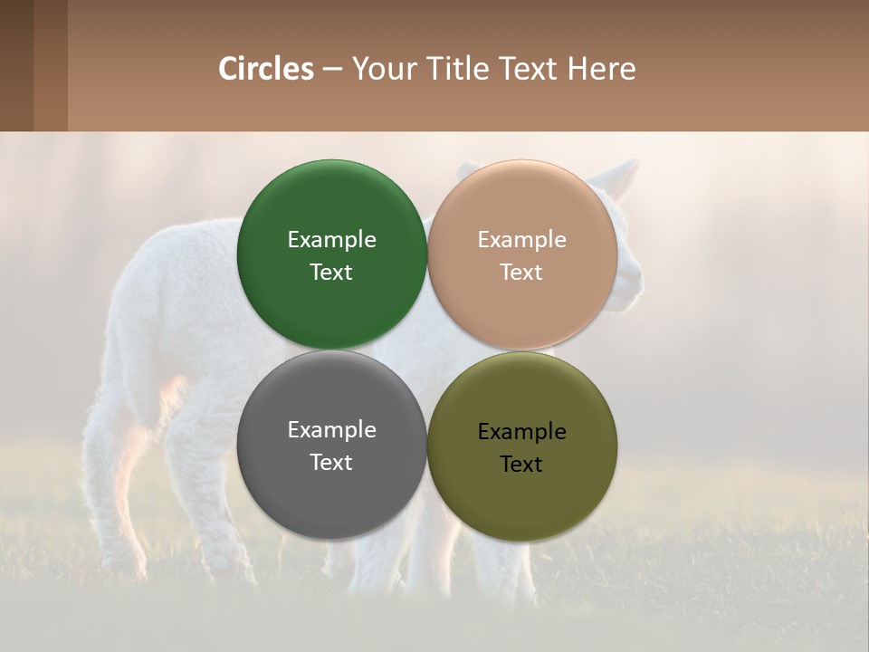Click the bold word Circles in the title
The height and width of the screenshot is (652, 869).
coord(266,69)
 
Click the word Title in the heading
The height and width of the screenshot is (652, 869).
coord(459,69)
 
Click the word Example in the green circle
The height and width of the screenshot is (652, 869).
coord(331,240)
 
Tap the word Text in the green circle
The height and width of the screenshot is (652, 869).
coord(331,273)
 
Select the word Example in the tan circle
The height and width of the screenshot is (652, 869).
coord(521,240)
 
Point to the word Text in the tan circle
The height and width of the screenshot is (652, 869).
coord(521,273)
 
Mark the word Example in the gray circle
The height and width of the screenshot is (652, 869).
coord(331,430)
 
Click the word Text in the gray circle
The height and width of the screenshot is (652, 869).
coord(331,463)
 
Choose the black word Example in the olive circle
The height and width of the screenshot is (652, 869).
coord(521,432)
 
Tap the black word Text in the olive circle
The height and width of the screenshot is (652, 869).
coord(521,465)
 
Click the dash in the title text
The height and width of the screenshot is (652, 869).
coord(332,70)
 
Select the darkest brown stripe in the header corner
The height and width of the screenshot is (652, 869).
coord(16,65)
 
